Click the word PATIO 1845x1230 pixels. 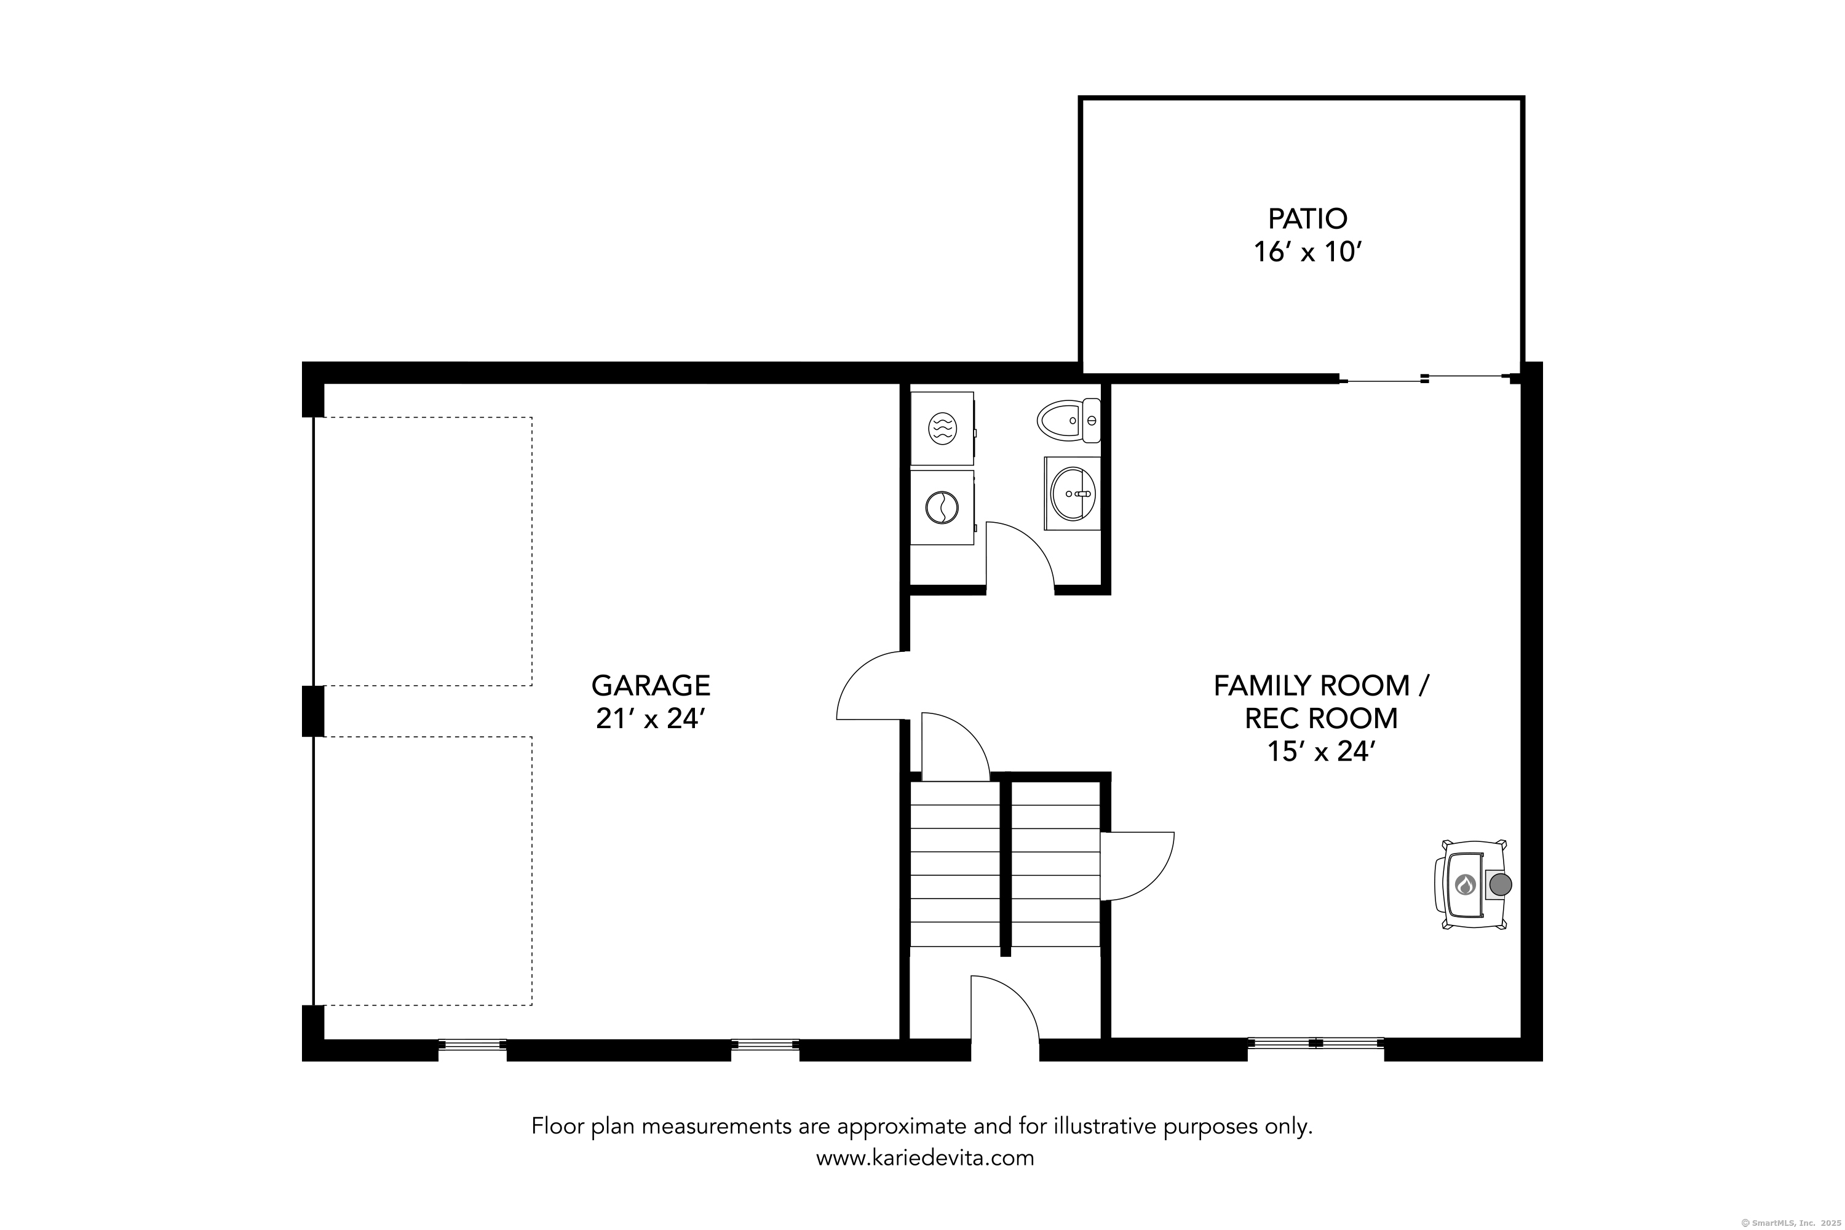pos(1307,218)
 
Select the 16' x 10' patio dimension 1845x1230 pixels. pos(1307,253)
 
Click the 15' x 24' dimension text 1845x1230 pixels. pos(1322,752)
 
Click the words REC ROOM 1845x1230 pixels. pos(1321,718)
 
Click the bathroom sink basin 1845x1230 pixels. pos(1073,493)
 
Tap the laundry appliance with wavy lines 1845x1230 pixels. pos(942,428)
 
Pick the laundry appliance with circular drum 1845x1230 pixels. pos(942,507)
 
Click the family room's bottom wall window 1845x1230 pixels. pos(1315,1043)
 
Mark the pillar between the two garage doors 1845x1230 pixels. pos(313,711)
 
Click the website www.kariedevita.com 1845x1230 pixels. pos(925,1158)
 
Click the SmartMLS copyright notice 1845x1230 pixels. pos(1788,1222)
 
